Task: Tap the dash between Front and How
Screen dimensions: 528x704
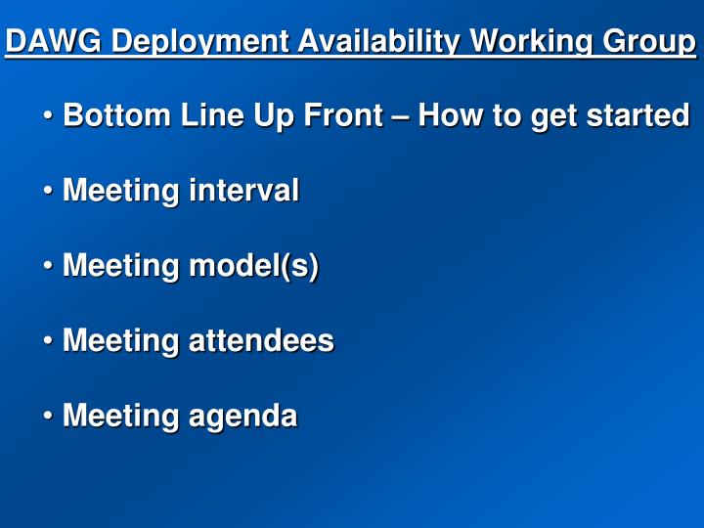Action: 400,116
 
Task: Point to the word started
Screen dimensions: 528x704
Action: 638,115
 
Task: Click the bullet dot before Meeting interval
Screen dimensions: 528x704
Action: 48,192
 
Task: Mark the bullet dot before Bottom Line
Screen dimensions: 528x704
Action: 48,116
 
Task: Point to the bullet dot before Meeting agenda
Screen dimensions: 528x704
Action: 48,418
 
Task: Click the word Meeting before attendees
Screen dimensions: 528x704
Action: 121,341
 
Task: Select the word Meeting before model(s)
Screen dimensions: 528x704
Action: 121,266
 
